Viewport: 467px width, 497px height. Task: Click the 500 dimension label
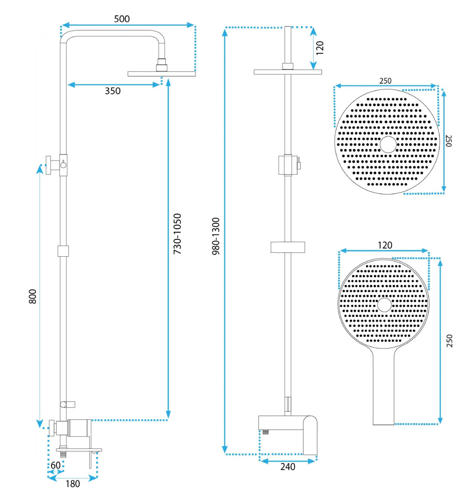(x=122, y=19)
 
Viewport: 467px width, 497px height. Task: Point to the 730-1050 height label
(x=178, y=234)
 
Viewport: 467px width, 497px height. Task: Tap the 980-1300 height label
(x=216, y=236)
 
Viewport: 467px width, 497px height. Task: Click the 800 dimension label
(x=33, y=296)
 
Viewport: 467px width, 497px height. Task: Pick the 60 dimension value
(x=56, y=464)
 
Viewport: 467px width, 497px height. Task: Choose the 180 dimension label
(x=72, y=483)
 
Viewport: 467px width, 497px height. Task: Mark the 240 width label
(x=288, y=467)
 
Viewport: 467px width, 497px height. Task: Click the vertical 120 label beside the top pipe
(x=320, y=48)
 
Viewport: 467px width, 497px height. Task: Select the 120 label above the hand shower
(x=384, y=245)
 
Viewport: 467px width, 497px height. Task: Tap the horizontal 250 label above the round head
(x=385, y=81)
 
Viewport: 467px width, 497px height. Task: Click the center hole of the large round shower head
(x=388, y=144)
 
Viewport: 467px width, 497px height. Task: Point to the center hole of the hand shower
(x=384, y=305)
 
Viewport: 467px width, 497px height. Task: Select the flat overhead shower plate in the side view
(x=162, y=74)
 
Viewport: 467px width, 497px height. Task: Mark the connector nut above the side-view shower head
(x=162, y=65)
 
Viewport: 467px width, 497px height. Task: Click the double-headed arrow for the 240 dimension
(x=288, y=458)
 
